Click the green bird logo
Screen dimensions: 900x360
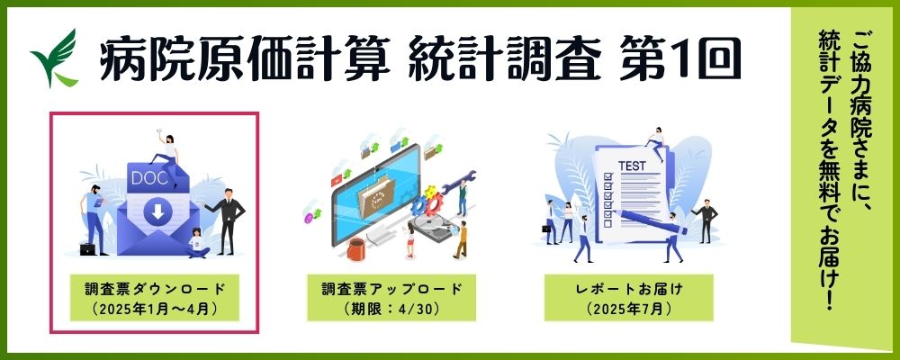tap(55, 58)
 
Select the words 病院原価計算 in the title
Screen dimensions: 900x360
tap(245, 58)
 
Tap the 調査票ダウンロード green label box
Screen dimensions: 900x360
tap(155, 297)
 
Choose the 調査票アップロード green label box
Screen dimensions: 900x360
tap(391, 297)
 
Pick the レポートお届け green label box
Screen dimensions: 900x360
tap(628, 297)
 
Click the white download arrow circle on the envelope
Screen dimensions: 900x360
tap(157, 212)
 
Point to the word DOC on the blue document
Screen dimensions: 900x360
tap(149, 178)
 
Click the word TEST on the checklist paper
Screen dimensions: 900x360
tap(632, 166)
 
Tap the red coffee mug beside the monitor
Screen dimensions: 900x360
tap(356, 249)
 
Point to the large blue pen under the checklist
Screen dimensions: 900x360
tap(652, 222)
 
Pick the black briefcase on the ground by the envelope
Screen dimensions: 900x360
tap(87, 248)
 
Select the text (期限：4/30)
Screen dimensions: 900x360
tap(391, 309)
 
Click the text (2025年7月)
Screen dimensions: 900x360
tap(628, 309)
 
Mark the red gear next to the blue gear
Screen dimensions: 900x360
tap(434, 203)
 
